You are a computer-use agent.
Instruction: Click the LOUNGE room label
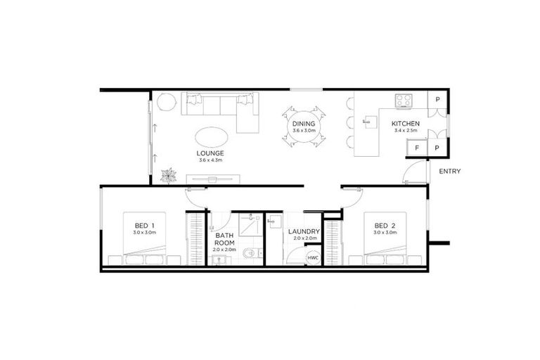click(210, 153)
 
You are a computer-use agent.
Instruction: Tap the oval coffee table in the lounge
click(210, 134)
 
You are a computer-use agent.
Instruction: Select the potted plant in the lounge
click(168, 175)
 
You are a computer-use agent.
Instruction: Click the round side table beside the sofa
click(165, 103)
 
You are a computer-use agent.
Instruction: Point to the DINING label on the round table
click(304, 124)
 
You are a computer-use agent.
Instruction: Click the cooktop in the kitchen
click(404, 101)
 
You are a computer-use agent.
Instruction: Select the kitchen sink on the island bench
click(366, 122)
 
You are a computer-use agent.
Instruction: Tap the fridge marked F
click(417, 148)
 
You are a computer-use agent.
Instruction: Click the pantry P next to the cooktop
click(437, 100)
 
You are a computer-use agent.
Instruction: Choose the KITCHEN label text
click(406, 124)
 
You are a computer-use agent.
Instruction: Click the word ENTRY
click(449, 171)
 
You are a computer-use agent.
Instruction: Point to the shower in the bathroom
click(247, 226)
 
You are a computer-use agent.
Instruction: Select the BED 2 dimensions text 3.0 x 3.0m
click(385, 232)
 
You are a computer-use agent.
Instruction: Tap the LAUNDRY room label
click(304, 231)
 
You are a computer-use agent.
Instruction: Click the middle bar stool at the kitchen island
click(351, 122)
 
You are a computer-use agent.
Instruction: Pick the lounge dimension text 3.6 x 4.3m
click(210, 160)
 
